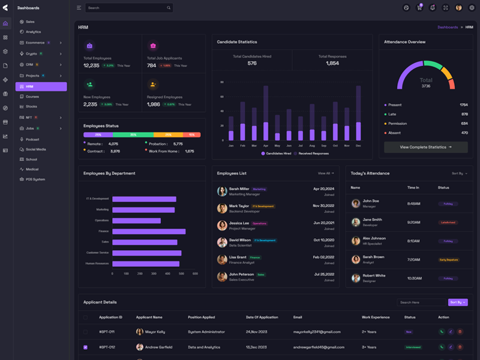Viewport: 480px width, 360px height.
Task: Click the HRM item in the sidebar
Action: [41, 86]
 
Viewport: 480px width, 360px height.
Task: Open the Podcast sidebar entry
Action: [32, 139]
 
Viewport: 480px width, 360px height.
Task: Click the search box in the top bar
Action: [128, 8]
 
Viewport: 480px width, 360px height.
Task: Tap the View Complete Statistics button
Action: [425, 147]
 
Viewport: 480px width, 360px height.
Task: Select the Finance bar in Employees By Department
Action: [149, 231]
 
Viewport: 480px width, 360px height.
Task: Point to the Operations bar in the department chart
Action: [136, 220]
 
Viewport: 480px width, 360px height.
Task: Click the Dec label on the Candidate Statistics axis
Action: [358, 146]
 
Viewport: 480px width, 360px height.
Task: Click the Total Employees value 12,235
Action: [91, 65]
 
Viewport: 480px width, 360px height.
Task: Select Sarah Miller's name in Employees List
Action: [239, 189]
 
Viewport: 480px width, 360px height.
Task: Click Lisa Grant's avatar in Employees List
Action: [222, 260]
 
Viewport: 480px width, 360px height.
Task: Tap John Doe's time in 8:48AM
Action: [413, 203]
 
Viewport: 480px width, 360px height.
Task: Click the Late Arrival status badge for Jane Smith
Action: [448, 223]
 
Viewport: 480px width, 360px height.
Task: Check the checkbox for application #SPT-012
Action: [85, 347]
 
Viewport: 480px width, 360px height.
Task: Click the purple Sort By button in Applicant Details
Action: [457, 302]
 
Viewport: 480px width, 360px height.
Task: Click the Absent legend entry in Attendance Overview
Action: [394, 133]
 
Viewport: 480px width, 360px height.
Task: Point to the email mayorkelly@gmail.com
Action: [316, 331]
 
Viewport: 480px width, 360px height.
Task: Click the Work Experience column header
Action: [376, 317]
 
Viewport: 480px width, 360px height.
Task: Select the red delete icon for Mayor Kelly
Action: [460, 331]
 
